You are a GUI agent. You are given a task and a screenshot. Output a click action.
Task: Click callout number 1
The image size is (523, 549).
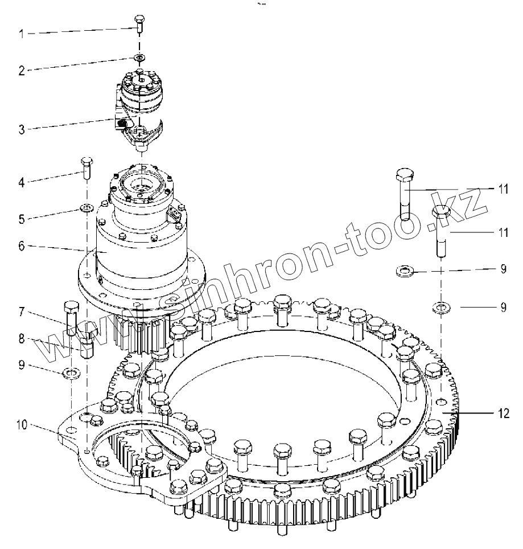point(22,34)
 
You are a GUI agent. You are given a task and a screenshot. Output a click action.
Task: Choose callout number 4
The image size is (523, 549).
point(22,183)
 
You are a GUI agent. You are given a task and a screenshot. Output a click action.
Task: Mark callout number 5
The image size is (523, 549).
point(22,219)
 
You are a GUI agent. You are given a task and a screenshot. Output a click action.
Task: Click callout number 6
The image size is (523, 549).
point(22,247)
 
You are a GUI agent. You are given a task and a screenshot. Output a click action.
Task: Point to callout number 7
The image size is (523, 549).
point(22,312)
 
